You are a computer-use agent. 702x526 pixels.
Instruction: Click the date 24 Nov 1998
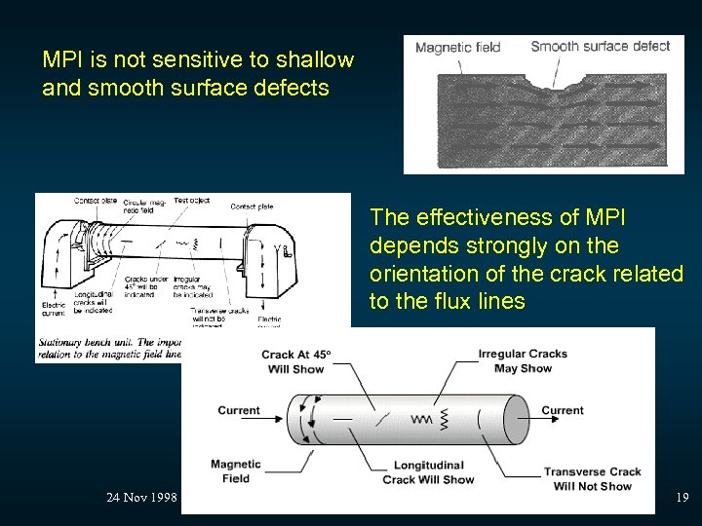[x=141, y=498]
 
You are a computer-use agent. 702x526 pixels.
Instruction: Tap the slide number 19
[x=682, y=498]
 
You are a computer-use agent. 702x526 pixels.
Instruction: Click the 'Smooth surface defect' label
[x=600, y=46]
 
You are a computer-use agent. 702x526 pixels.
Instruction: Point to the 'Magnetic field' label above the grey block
[x=457, y=47]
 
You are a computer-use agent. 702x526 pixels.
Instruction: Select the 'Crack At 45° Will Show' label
[x=293, y=362]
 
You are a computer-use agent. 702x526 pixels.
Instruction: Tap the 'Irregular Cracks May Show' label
[x=523, y=361]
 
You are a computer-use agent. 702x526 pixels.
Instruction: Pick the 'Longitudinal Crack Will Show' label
[x=428, y=472]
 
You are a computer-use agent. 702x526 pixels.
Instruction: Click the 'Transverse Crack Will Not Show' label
[x=592, y=479]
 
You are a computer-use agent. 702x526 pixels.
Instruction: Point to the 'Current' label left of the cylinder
[x=239, y=410]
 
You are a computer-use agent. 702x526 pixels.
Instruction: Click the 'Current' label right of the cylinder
[x=563, y=410]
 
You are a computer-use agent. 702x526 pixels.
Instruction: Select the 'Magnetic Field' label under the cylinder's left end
[x=235, y=471]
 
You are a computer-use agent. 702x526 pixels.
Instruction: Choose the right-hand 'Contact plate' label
[x=252, y=207]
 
